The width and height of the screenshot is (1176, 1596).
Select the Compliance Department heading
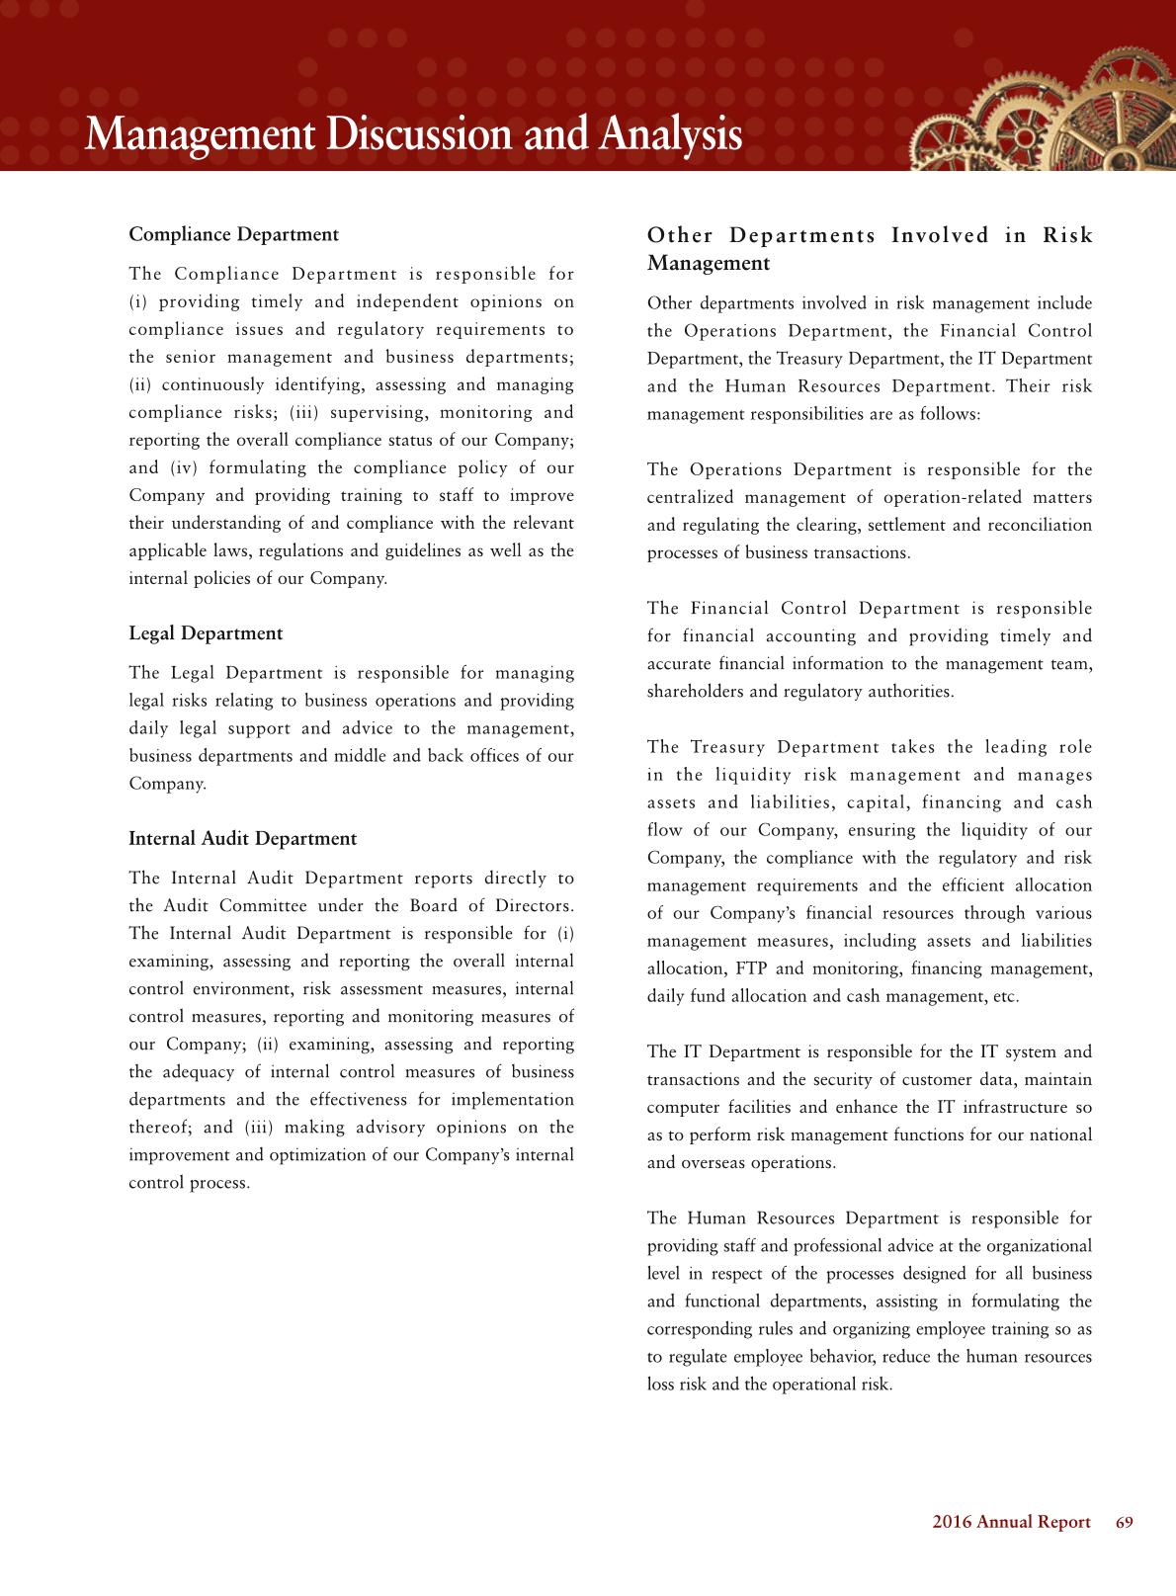(233, 234)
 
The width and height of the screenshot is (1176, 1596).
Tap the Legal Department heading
(206, 633)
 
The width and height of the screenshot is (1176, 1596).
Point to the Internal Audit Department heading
(242, 839)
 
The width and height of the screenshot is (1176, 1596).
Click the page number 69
(1124, 1522)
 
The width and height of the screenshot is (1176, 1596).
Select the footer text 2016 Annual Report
(1011, 1522)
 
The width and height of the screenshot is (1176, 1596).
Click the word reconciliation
(1038, 525)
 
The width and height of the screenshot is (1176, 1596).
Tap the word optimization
(282, 1155)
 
